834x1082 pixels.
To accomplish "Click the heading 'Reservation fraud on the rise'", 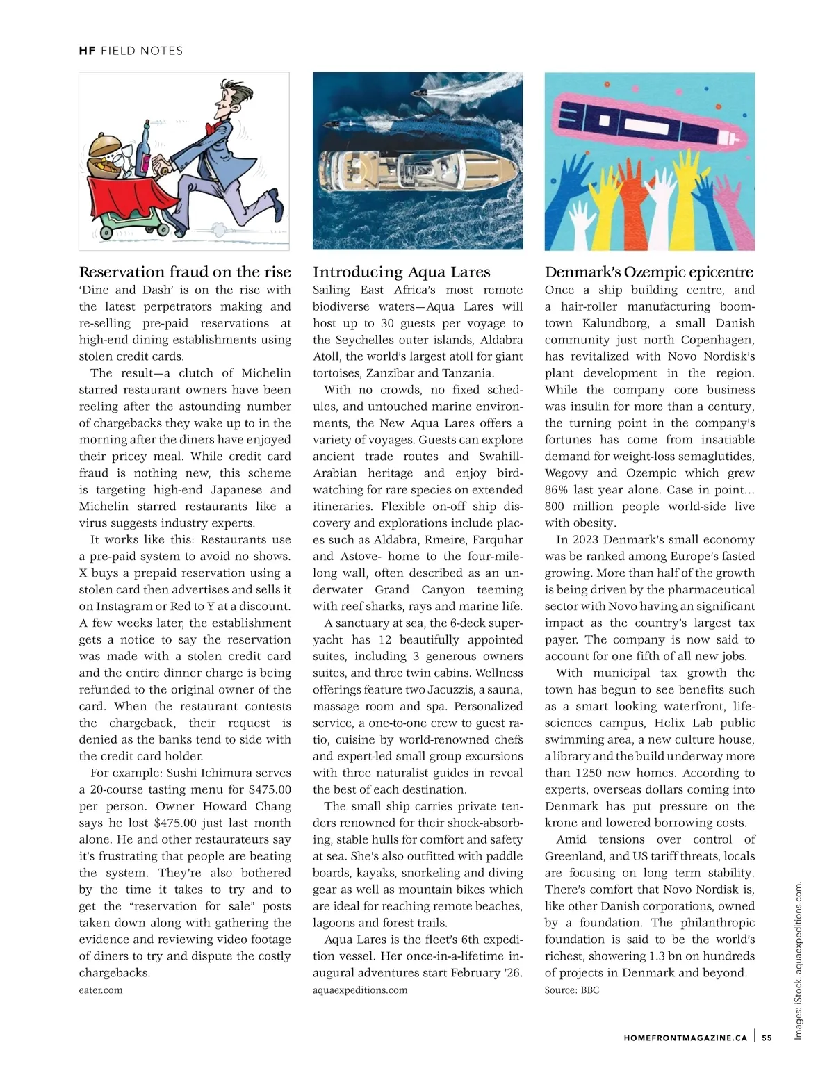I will coord(185,272).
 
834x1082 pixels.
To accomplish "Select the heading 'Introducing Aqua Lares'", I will coord(401,272).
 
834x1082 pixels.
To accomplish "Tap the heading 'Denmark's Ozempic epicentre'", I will coord(649,272).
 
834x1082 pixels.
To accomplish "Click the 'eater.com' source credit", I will coord(101,990).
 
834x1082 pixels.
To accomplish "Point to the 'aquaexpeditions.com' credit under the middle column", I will coord(360,990).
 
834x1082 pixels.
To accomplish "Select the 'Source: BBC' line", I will coord(571,990).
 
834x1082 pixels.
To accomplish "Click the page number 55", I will coord(767,1038).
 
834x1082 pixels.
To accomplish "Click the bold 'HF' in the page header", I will coord(87,51).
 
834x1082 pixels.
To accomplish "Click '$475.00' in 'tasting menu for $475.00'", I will coord(269,789).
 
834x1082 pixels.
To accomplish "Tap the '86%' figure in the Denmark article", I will coord(557,490).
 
